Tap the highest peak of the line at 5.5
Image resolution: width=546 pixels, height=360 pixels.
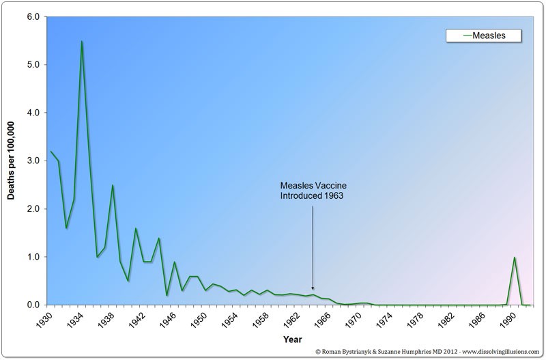point(82,41)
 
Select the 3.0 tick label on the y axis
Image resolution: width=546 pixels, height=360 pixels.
point(33,161)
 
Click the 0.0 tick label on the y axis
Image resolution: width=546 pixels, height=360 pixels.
point(33,305)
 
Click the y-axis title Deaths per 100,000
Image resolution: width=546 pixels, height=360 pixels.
point(12,161)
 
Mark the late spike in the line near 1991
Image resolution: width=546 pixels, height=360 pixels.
point(515,258)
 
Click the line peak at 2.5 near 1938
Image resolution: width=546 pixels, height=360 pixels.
point(113,185)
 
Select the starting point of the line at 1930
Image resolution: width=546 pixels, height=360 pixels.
point(51,151)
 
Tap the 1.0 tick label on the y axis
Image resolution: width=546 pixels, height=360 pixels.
point(33,257)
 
